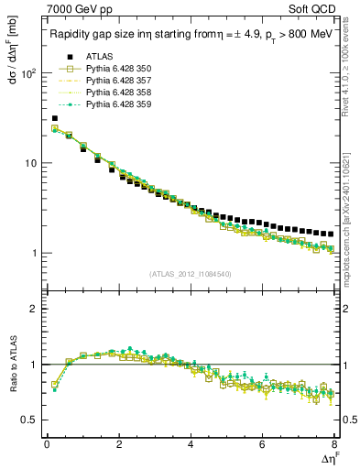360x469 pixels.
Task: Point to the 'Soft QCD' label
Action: pos(314,10)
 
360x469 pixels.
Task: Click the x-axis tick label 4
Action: pos(191,445)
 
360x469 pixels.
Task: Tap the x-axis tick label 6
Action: pos(263,445)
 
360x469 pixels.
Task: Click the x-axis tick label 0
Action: pos(47,445)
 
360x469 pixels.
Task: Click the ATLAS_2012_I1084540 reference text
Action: pos(191,273)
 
